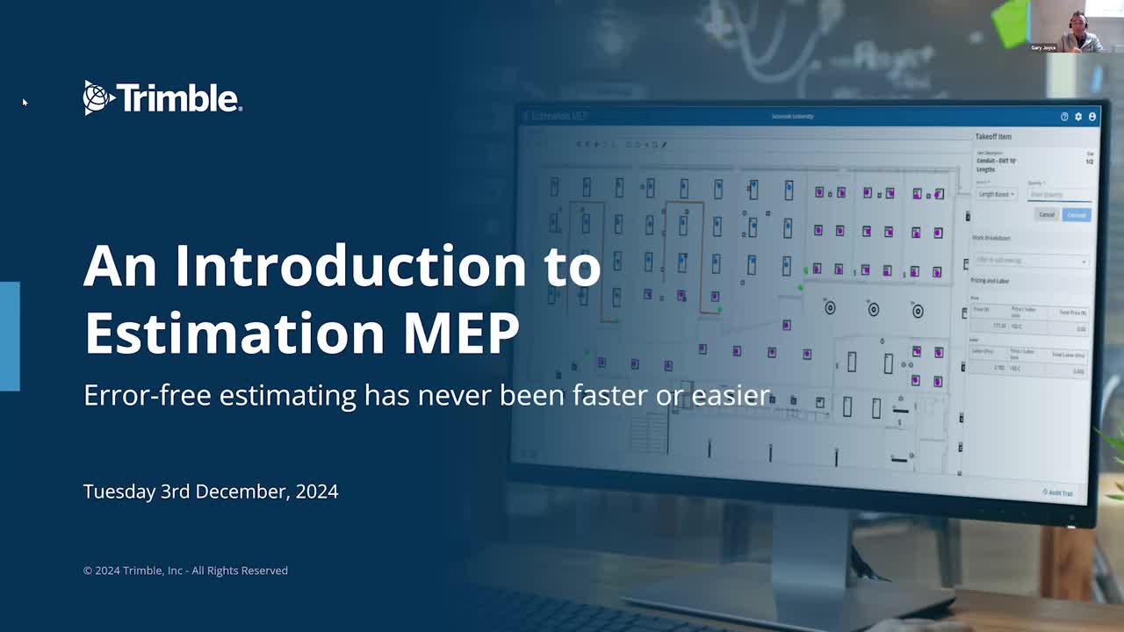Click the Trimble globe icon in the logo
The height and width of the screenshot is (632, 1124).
(97, 97)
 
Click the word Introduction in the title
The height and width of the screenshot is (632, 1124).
(388, 265)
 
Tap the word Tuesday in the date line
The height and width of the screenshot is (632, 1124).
(119, 492)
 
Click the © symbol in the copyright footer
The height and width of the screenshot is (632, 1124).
(88, 571)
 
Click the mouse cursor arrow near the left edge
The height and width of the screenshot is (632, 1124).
(25, 103)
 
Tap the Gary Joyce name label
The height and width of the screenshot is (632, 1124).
(1044, 47)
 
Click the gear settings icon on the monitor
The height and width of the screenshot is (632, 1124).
(1078, 117)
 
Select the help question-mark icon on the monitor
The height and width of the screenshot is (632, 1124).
(1064, 117)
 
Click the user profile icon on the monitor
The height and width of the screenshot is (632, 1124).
(1092, 117)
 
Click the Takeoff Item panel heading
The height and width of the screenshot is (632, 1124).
(993, 137)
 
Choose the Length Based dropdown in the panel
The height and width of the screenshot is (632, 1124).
(996, 194)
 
